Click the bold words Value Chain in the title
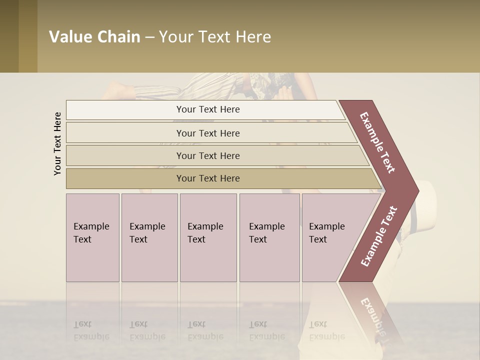click(x=94, y=37)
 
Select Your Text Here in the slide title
click(x=215, y=37)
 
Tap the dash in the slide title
click(x=149, y=37)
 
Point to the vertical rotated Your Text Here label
click(x=57, y=143)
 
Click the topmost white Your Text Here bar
click(x=208, y=109)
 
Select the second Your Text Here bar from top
click(x=208, y=133)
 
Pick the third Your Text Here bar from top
click(x=208, y=155)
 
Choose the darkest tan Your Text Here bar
click(x=208, y=178)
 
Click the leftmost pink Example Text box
click(x=92, y=237)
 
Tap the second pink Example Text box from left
click(x=149, y=237)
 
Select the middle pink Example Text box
click(x=208, y=237)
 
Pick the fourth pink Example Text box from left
click(x=269, y=237)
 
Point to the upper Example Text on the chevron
click(x=377, y=142)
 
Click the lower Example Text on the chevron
click(x=379, y=236)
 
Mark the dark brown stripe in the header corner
click(x=9, y=36)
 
